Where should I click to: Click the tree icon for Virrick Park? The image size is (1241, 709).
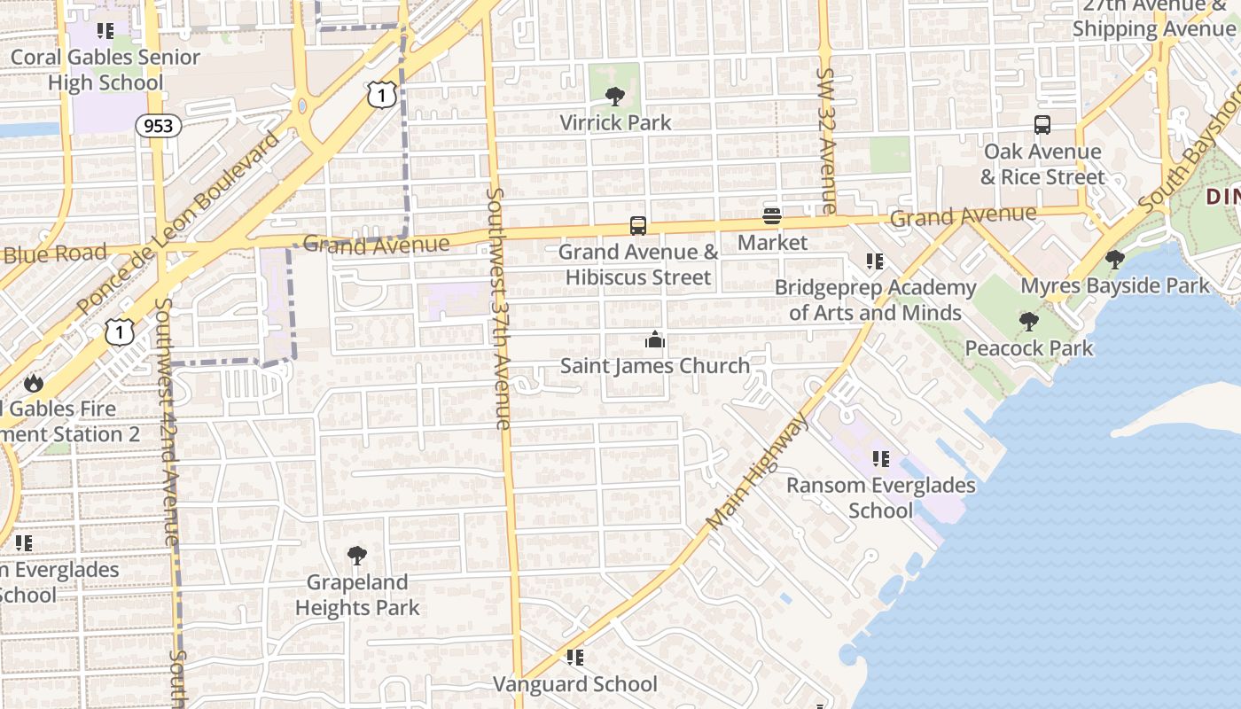[x=614, y=96]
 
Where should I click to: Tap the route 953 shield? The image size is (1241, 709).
[x=159, y=126]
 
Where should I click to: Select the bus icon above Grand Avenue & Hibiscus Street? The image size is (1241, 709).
[x=638, y=225]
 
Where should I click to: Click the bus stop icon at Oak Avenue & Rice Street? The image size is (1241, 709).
[x=1042, y=125]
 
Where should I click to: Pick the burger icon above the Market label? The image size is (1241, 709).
[x=772, y=216]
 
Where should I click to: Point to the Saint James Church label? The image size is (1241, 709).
[x=654, y=365]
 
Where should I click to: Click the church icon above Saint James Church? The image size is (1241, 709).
[x=654, y=339]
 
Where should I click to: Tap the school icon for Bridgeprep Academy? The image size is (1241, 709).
[x=875, y=261]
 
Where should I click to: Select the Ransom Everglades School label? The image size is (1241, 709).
[x=880, y=497]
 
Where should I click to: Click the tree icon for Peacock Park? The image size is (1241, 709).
[x=1028, y=321]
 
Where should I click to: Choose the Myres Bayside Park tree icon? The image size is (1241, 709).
[x=1115, y=260]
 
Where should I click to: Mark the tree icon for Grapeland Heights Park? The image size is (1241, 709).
[x=357, y=556]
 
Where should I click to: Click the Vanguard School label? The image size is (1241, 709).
[x=575, y=683]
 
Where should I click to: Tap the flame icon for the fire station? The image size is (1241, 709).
[x=34, y=383]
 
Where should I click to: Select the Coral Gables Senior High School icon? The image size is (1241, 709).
[x=105, y=31]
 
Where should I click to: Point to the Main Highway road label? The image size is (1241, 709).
[x=759, y=471]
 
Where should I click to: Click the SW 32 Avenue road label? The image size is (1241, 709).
[x=826, y=141]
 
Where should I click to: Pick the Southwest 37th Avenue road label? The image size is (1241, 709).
[x=499, y=308]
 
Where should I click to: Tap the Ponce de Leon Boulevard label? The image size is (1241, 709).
[x=178, y=224]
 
